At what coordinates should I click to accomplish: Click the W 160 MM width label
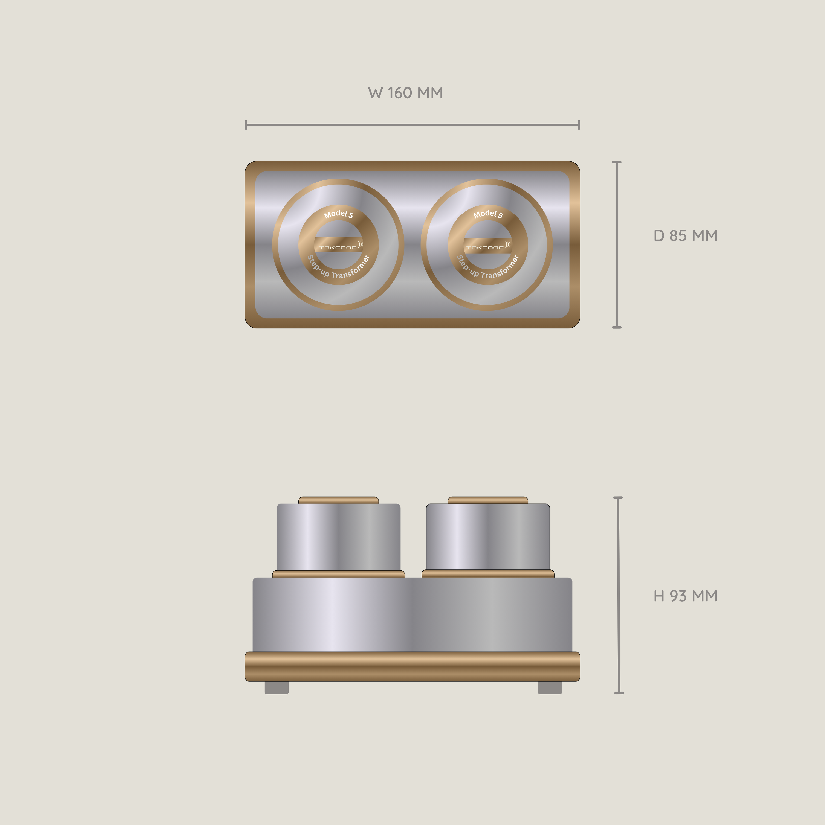[405, 93]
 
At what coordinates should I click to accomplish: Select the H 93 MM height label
[685, 596]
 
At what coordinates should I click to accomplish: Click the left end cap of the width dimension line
[246, 125]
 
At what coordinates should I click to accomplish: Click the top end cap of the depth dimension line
[617, 162]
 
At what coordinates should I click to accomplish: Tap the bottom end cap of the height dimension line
[619, 693]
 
